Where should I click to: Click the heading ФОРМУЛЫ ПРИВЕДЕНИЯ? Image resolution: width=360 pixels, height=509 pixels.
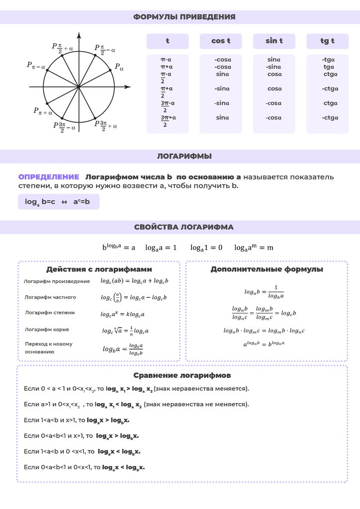tap(184, 17)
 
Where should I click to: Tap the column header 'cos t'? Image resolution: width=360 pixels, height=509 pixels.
tap(220, 41)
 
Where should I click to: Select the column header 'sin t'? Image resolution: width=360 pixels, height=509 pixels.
tap(274, 41)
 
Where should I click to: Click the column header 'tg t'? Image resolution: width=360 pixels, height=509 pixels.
tap(327, 41)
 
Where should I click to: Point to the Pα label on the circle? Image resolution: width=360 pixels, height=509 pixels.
tap(119, 66)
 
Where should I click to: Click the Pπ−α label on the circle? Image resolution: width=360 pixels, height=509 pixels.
tap(36, 65)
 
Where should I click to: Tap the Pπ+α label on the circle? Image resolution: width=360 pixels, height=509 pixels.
tap(43, 111)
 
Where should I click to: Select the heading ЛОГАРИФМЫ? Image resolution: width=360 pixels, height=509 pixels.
tap(184, 156)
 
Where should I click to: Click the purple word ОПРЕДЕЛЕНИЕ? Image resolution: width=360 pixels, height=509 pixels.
tap(49, 177)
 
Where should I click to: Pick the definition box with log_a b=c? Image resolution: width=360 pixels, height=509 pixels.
tap(58, 202)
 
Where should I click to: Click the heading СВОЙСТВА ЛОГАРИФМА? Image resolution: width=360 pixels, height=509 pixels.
tap(184, 227)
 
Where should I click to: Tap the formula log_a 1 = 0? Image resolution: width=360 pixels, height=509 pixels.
tap(206, 247)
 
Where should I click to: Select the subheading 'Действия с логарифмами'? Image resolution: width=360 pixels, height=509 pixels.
tap(99, 269)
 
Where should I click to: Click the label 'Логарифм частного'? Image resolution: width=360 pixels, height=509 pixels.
tap(50, 297)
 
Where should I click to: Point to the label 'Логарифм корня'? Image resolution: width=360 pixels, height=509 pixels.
tap(47, 329)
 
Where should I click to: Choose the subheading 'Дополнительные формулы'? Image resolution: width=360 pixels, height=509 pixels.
tap(267, 269)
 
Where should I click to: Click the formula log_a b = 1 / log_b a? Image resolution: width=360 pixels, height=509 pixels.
tap(264, 291)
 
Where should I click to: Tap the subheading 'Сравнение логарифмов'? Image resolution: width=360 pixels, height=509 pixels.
tap(182, 375)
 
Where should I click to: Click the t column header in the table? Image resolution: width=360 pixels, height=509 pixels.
tap(168, 41)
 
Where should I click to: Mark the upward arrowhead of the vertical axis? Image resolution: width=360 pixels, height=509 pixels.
tap(79, 35)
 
